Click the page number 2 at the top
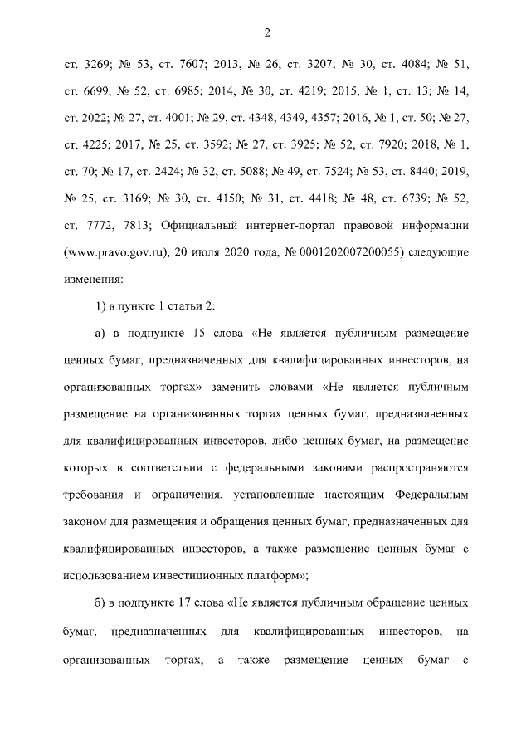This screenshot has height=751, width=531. click(x=266, y=32)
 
